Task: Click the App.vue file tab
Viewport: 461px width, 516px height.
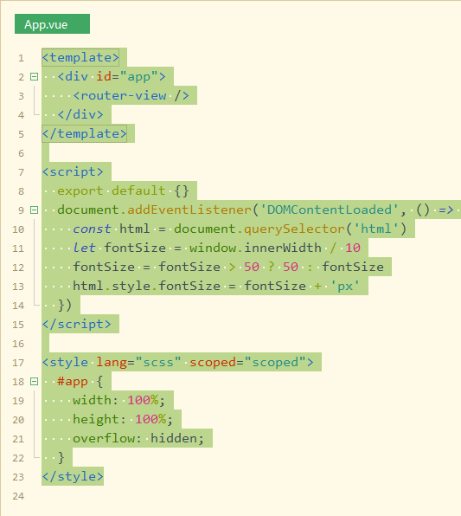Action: (x=52, y=23)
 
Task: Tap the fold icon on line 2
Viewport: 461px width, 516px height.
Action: (x=35, y=77)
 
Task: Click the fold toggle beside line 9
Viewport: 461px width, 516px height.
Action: (x=35, y=210)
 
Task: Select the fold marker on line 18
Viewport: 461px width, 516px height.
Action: (x=35, y=382)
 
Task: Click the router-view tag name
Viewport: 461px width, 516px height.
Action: (x=124, y=96)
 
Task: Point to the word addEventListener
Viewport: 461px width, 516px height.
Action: (x=189, y=210)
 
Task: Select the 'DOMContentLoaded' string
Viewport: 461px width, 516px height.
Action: (x=329, y=210)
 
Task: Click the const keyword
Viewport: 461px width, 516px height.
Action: (x=92, y=229)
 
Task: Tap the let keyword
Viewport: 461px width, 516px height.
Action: (x=84, y=248)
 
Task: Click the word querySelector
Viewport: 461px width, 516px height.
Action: (x=294, y=229)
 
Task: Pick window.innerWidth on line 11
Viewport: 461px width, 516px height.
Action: (x=255, y=248)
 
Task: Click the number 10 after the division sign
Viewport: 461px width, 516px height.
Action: (x=353, y=248)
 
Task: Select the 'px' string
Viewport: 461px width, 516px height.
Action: (x=345, y=286)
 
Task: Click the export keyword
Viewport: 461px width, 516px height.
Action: (x=80, y=190)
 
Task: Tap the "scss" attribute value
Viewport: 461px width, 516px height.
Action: (x=158, y=362)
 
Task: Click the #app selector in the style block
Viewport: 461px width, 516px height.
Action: (x=73, y=382)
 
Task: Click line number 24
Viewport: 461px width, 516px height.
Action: (x=18, y=496)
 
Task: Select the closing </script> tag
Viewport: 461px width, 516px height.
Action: (x=77, y=324)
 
